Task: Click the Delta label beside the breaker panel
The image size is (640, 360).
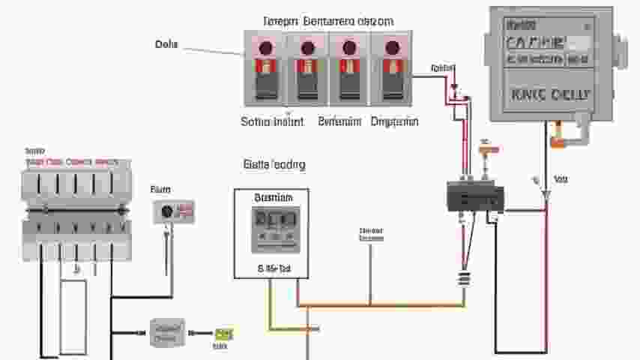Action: coord(166,44)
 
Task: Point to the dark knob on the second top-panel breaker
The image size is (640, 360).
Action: coord(307,49)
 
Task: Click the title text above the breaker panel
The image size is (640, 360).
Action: coord(327,21)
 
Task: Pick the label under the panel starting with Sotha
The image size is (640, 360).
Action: coord(272,121)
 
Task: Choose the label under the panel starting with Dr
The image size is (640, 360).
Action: coord(395,121)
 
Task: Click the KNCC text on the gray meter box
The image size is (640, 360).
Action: coord(551,95)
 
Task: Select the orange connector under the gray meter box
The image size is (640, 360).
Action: coord(557,140)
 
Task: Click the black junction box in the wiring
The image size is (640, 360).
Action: coord(475,196)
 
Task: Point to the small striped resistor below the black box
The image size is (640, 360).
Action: coord(464,280)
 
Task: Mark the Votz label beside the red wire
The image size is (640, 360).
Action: coord(561,179)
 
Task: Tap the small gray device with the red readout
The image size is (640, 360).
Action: coord(174,211)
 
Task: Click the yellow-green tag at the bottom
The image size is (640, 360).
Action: coord(223,334)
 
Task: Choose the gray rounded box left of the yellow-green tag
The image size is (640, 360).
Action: coord(167,331)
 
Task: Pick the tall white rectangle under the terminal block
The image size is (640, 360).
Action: coord(73,315)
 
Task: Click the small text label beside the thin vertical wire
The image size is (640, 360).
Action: coord(371,234)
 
